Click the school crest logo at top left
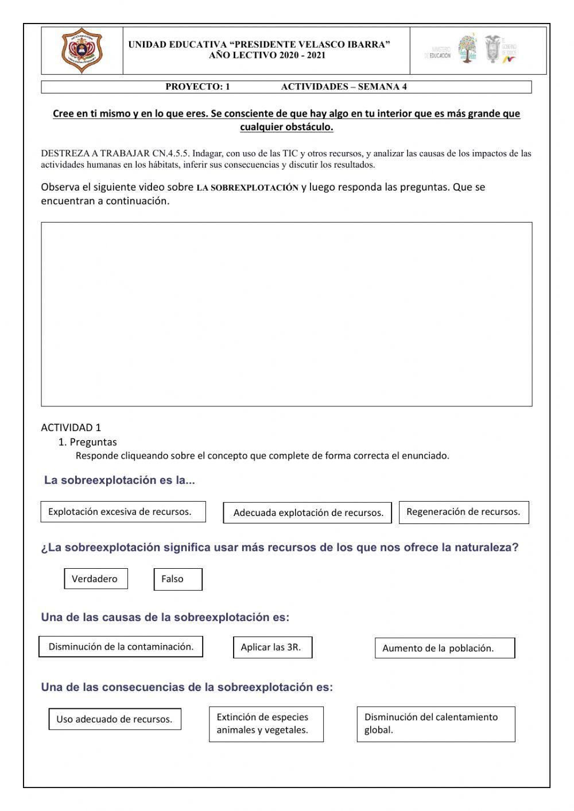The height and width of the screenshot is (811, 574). pyautogui.click(x=82, y=51)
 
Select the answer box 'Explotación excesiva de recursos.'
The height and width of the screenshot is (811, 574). pyautogui.click(x=123, y=512)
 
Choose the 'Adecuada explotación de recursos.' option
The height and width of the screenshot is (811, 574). pyautogui.click(x=308, y=513)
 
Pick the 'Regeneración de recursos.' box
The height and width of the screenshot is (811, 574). pyautogui.click(x=463, y=512)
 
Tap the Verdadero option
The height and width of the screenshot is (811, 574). pyautogui.click(x=95, y=579)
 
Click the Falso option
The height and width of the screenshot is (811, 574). pyautogui.click(x=177, y=579)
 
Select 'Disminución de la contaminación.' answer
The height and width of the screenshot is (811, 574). pyautogui.click(x=121, y=647)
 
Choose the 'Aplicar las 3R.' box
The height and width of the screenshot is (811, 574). pyautogui.click(x=273, y=647)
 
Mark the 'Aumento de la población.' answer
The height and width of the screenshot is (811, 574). pyautogui.click(x=444, y=649)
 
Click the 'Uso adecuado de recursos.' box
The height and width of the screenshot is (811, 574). pyautogui.click(x=115, y=719)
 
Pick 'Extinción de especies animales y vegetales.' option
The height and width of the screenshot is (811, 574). pyautogui.click(x=266, y=724)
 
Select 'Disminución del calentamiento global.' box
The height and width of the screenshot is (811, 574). pyautogui.click(x=435, y=724)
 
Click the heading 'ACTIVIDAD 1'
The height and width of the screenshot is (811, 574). pyautogui.click(x=71, y=428)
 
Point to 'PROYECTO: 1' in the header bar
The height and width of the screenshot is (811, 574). pyautogui.click(x=197, y=87)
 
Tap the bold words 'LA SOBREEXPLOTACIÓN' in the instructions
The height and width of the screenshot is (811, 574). pyautogui.click(x=247, y=188)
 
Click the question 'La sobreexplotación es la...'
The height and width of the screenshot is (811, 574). pyautogui.click(x=119, y=480)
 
